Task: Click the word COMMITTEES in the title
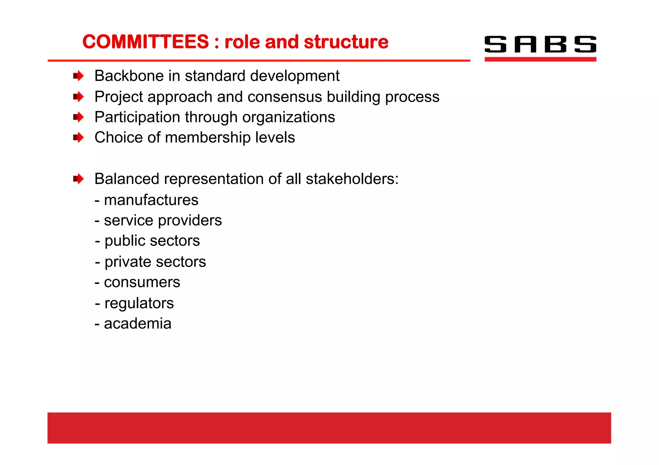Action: point(145,42)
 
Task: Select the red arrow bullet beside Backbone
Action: point(78,76)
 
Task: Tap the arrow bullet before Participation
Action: point(78,117)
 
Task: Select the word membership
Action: point(208,138)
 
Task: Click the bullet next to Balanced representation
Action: point(78,179)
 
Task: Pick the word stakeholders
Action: point(352,179)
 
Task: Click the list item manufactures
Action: point(151,200)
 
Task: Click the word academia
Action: point(137,324)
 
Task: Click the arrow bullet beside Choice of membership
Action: point(78,138)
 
